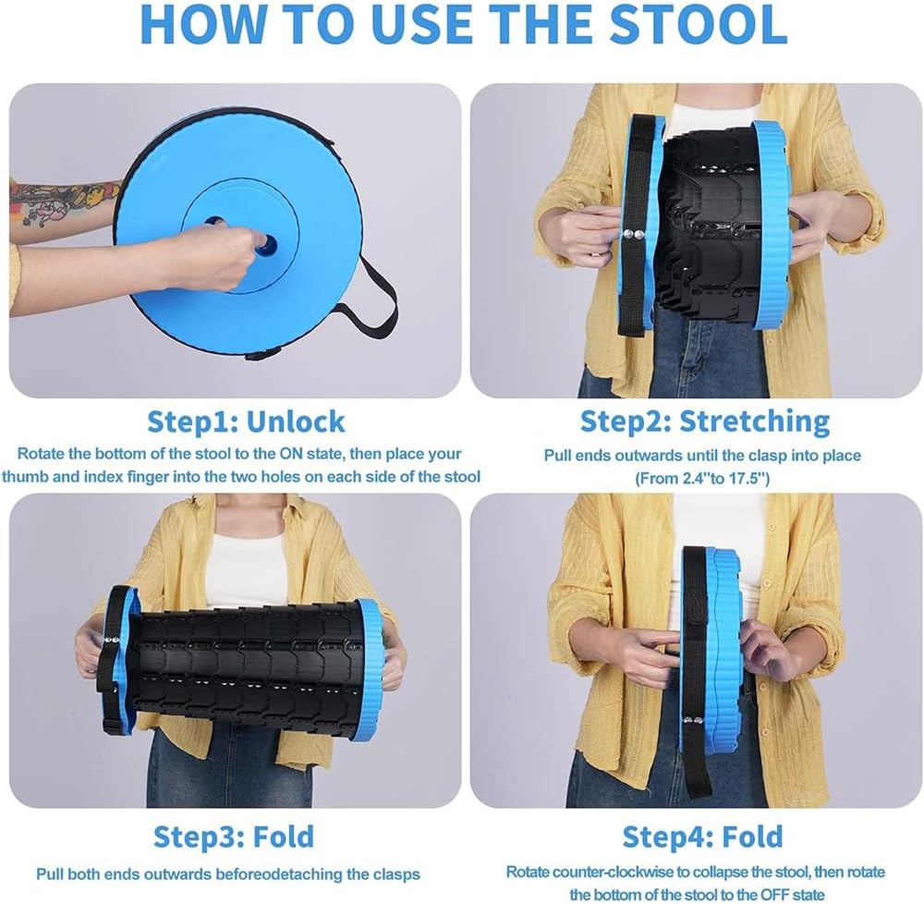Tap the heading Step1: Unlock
click(x=245, y=421)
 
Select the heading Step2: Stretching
click(x=705, y=421)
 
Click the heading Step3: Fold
click(x=234, y=837)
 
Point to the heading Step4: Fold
click(x=702, y=837)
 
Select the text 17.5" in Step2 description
click(x=748, y=478)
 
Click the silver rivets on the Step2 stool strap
click(x=634, y=234)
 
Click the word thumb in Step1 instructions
click(x=25, y=476)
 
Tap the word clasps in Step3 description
click(x=396, y=873)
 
